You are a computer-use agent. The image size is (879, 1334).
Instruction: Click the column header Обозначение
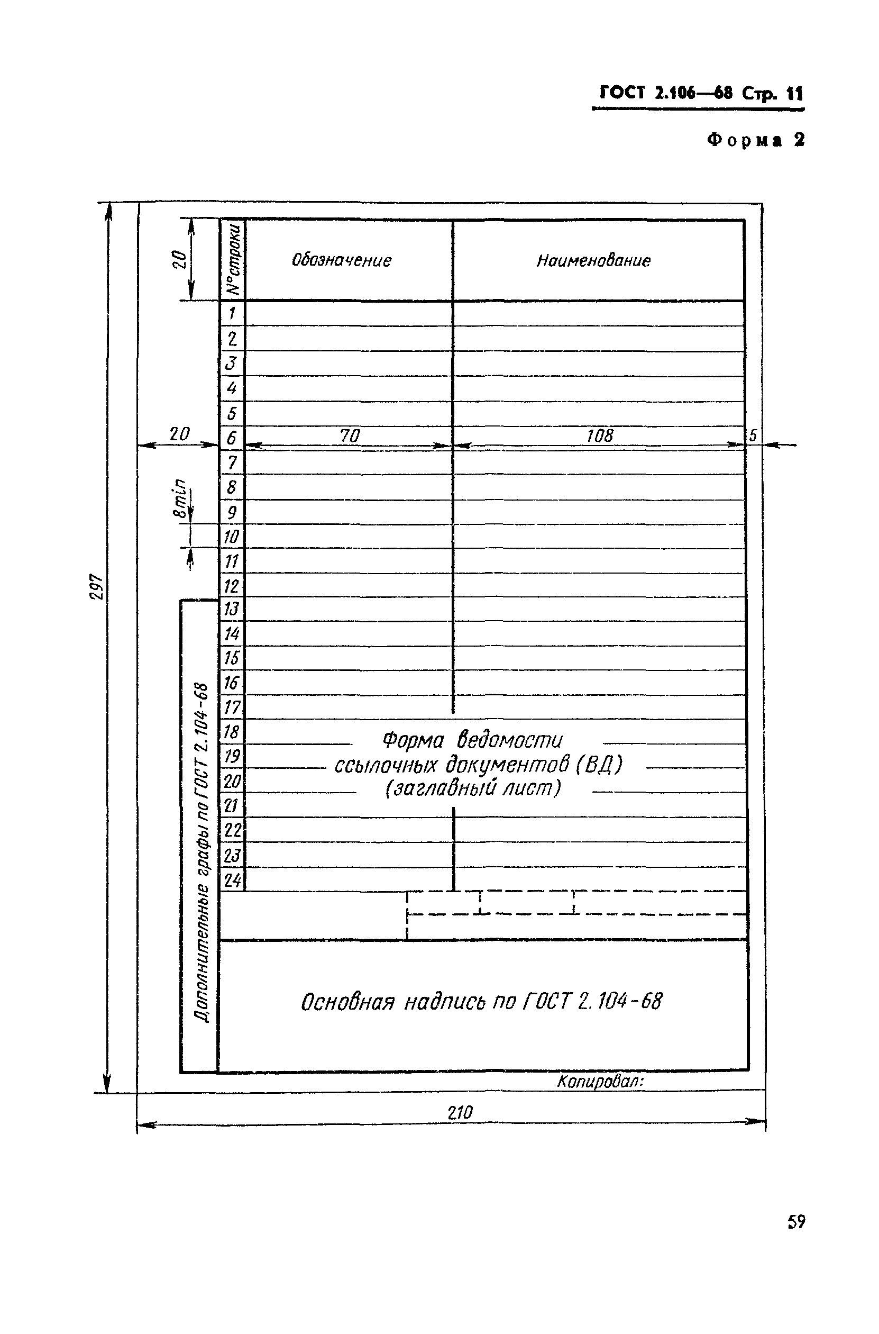342,260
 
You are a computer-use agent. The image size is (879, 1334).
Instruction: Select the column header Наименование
593,260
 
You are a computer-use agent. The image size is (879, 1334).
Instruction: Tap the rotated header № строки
233,260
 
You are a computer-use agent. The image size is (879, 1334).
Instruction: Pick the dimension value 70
350,435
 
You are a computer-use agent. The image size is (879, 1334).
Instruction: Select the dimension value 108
600,435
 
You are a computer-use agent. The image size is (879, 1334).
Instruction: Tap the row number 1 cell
232,313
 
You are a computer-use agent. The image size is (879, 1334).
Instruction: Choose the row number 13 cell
232,609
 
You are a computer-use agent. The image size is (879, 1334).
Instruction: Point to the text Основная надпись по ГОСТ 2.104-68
481,1002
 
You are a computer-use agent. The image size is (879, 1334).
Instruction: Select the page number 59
796,1222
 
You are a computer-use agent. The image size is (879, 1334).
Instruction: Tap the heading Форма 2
756,140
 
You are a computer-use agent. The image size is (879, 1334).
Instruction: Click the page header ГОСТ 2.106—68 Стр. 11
701,93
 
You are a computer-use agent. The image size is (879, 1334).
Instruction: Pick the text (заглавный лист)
473,789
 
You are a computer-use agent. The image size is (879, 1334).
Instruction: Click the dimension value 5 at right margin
753,435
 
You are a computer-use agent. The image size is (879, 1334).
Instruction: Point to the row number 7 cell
232,462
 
